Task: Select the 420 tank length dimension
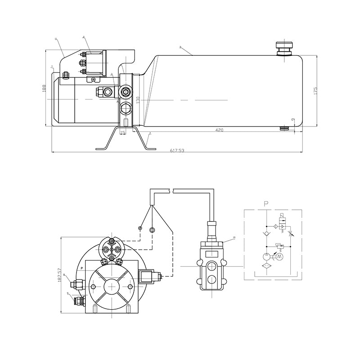pos(219,130)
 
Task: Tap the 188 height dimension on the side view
pos(44,88)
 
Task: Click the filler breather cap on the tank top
pos(284,47)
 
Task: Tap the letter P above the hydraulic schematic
pos(266,204)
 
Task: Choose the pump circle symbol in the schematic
pos(266,257)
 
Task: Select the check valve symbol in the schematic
pos(266,234)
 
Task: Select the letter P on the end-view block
pos(82,268)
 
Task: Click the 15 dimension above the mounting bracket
pos(123,132)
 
